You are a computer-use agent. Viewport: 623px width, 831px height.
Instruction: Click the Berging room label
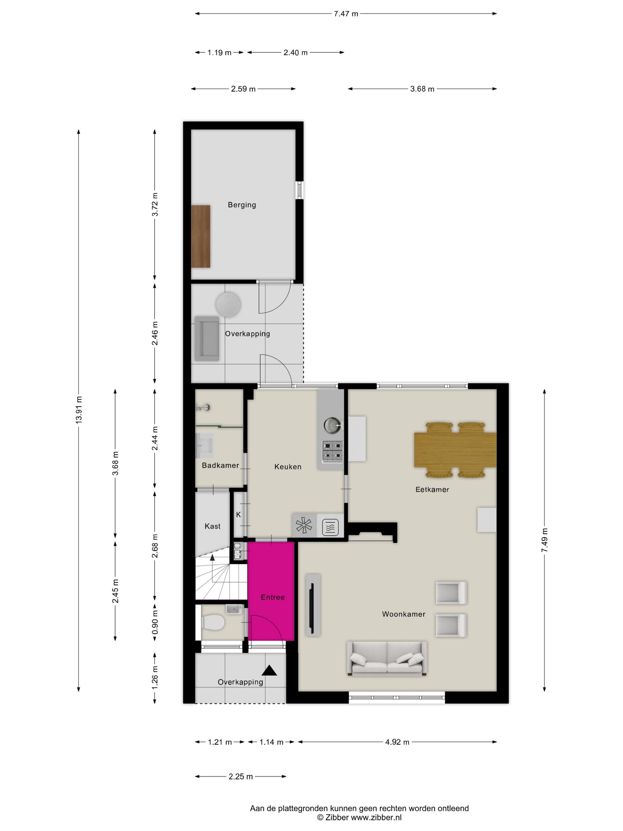coord(242,205)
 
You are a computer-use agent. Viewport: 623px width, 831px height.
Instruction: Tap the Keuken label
coord(288,467)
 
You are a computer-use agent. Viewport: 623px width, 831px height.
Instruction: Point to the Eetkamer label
coord(432,489)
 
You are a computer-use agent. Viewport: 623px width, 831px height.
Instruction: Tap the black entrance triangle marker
coord(269,670)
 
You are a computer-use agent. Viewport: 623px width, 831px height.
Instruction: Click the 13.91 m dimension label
coord(79,410)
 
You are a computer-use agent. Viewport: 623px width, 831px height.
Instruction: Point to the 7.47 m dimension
coord(346,14)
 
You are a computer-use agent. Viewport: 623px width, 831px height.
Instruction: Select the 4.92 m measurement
coord(397,742)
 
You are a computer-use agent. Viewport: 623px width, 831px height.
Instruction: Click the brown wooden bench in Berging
coord(201,236)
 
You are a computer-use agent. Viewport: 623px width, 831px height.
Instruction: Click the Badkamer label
coord(220,465)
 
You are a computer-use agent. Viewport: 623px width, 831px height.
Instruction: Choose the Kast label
coord(212,526)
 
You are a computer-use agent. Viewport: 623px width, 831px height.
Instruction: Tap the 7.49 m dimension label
coord(544,540)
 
